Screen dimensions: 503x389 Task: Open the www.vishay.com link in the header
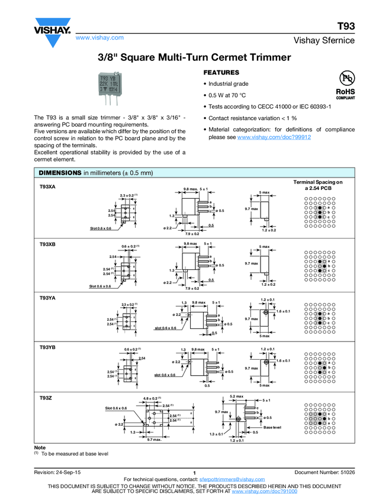pyautogui.click(x=99, y=38)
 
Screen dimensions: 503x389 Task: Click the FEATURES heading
pyautogui.click(x=221, y=72)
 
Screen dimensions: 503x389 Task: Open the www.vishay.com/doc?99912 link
pyautogui.click(x=274, y=137)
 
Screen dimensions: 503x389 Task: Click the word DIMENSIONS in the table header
pyautogui.click(x=59, y=173)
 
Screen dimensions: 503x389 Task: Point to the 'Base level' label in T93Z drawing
pyautogui.click(x=273, y=427)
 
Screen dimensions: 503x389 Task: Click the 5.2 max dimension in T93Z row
pyautogui.click(x=236, y=396)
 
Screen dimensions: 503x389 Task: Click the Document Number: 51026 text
pyautogui.click(x=324, y=472)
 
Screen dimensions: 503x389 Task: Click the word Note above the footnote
pyautogui.click(x=40, y=447)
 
